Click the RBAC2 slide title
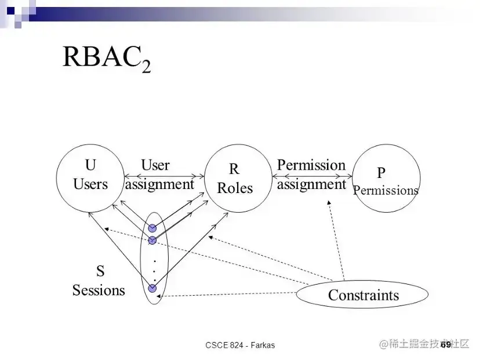coord(106,58)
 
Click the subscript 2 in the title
coord(146,66)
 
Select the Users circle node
coord(90,177)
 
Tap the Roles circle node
coord(238,179)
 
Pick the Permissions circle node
coord(386,179)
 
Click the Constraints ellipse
coord(363,295)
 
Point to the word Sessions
coord(99,290)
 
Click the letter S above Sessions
coord(100,271)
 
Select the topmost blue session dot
coord(152,228)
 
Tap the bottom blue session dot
coord(152,288)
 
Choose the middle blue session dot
coord(152,240)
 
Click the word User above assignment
coord(155,165)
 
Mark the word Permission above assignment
coord(311,165)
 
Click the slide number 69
coord(445,344)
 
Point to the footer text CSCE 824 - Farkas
coord(240,345)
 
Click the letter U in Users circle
coord(90,166)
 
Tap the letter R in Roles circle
coord(234,169)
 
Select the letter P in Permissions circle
coord(381,173)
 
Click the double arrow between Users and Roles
coord(165,176)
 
